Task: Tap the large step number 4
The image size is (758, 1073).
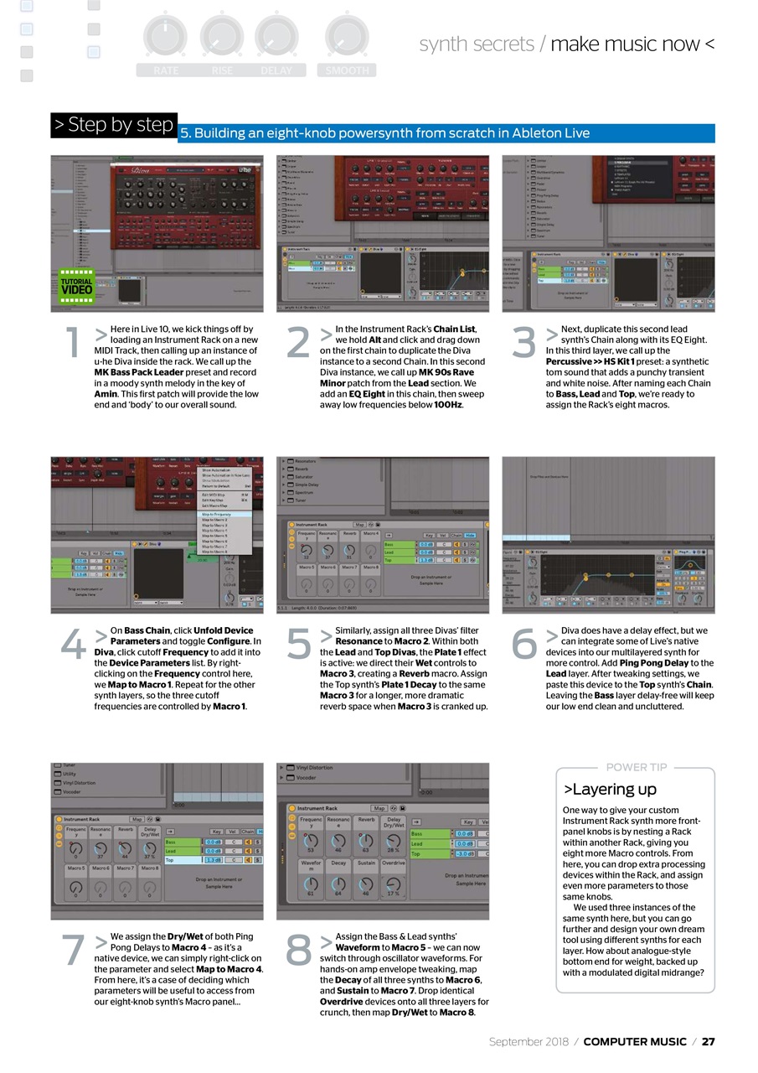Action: [74, 645]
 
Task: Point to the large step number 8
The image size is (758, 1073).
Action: [299, 950]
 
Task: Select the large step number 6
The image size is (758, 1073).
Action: [524, 645]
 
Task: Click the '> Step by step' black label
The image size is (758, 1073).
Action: [114, 125]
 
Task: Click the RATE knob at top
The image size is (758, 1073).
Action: [165, 37]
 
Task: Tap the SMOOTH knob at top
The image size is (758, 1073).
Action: [347, 37]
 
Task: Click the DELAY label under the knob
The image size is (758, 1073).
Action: [276, 71]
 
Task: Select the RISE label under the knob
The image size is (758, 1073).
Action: [222, 71]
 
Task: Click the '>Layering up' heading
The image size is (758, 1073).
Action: [610, 789]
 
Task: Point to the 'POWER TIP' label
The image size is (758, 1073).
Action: [637, 767]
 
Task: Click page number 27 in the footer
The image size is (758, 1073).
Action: [708, 1041]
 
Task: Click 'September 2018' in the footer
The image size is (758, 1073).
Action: [529, 1041]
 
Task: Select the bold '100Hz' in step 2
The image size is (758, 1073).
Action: [448, 405]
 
